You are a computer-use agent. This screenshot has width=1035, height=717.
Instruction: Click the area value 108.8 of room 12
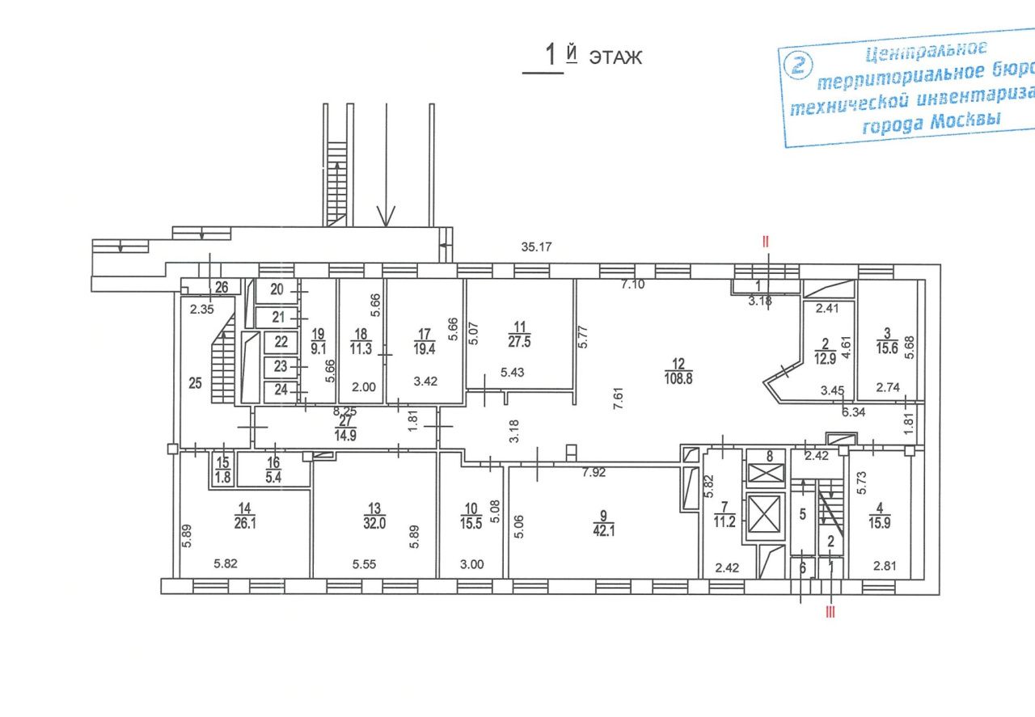click(x=678, y=379)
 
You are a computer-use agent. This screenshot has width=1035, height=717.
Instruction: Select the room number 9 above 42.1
click(x=603, y=516)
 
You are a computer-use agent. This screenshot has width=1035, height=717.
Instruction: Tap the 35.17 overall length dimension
click(x=536, y=247)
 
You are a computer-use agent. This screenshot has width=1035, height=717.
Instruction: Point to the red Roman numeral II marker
click(x=766, y=241)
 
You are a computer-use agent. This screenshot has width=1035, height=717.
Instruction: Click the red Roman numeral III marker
click(x=830, y=613)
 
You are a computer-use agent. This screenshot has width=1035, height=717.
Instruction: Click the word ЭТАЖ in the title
click(x=615, y=58)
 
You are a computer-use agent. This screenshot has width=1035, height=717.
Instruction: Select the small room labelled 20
click(x=277, y=291)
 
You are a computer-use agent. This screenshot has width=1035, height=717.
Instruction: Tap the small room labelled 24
click(x=281, y=391)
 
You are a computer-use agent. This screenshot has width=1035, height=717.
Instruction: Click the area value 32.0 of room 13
click(x=374, y=524)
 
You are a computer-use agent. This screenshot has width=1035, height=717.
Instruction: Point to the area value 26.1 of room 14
click(x=245, y=524)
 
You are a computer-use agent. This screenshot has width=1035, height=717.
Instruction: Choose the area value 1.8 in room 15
click(x=222, y=477)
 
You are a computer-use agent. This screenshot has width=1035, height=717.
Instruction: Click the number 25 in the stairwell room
click(x=196, y=383)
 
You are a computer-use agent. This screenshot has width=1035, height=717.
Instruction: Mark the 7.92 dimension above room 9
click(x=594, y=472)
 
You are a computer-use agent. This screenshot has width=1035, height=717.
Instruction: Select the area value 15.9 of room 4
click(x=879, y=523)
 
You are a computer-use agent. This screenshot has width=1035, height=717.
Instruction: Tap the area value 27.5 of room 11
click(x=520, y=342)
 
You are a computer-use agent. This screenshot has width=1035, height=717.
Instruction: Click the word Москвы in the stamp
click(x=965, y=121)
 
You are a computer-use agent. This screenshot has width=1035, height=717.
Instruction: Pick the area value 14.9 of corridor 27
click(x=345, y=436)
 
